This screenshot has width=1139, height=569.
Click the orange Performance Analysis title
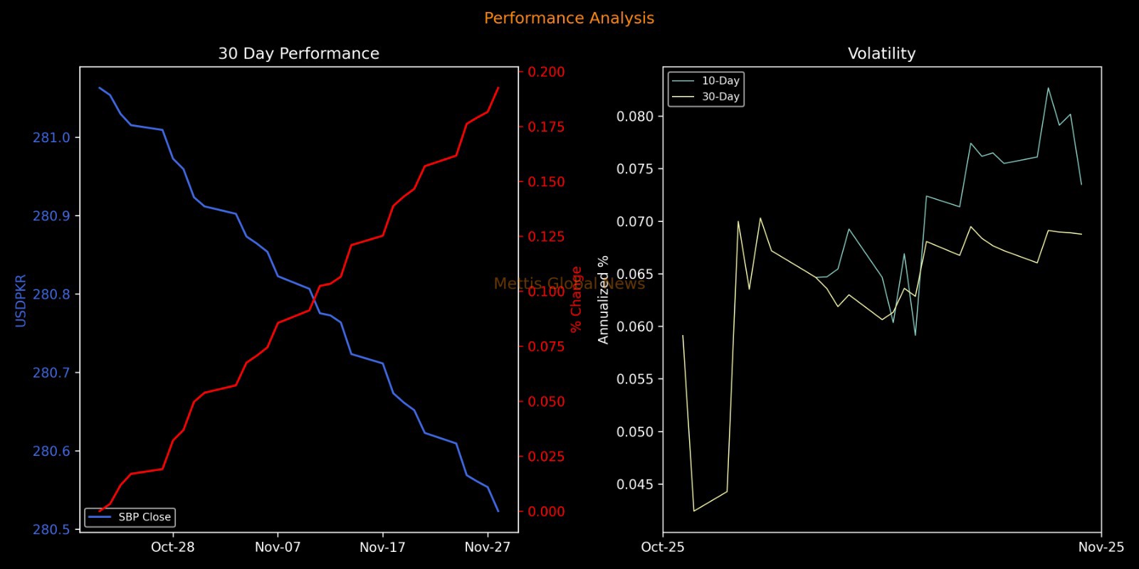click(569, 18)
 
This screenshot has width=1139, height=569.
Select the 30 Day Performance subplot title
click(298, 54)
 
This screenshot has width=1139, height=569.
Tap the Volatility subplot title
click(881, 54)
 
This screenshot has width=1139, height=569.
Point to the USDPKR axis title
click(21, 301)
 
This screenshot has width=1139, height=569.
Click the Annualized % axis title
click(604, 299)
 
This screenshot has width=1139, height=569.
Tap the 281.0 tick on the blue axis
click(52, 138)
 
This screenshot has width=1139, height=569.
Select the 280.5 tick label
click(52, 530)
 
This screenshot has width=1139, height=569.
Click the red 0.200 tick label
click(546, 72)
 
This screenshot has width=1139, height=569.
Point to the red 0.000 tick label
click(546, 511)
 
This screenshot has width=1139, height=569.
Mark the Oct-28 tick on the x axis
click(173, 547)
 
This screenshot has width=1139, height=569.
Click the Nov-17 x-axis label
click(382, 547)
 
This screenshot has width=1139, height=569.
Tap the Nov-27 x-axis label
click(488, 547)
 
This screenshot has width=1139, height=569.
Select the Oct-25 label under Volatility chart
click(663, 547)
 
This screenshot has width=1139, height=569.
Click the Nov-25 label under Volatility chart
click(1101, 547)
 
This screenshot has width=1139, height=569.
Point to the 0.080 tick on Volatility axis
click(635, 117)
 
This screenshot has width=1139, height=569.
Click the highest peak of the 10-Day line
click(1048, 88)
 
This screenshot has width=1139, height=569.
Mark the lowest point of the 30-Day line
click(694, 511)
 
